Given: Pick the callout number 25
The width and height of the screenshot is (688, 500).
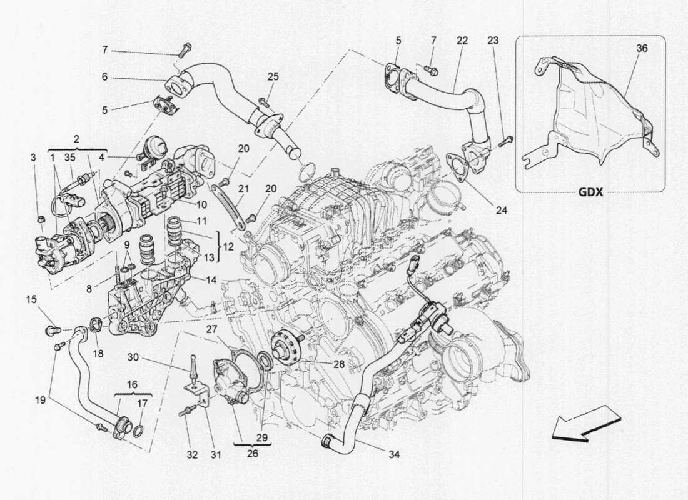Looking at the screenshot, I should [x=272, y=76].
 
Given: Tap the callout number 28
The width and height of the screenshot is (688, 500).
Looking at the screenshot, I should [x=338, y=363].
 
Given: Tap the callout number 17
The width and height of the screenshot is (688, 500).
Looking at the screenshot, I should [x=143, y=403].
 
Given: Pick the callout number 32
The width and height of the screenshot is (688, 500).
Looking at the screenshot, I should [x=191, y=455].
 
